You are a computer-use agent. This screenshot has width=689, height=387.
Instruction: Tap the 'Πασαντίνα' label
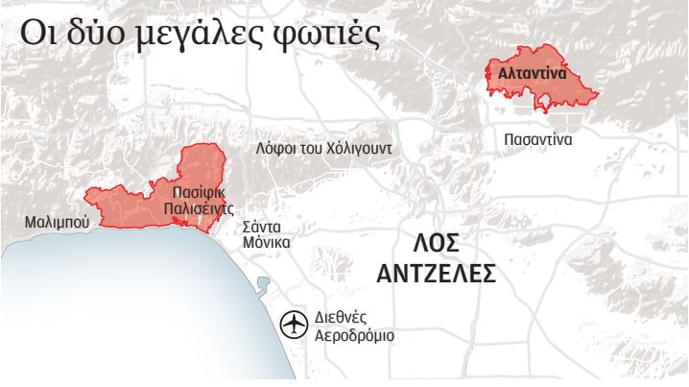tap(538, 139)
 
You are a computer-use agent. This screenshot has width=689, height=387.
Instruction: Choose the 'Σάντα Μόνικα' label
tap(266, 235)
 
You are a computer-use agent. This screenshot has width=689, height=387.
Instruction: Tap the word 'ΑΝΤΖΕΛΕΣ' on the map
tap(436, 275)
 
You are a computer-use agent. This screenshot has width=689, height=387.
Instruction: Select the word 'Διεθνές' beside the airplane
tap(341, 318)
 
